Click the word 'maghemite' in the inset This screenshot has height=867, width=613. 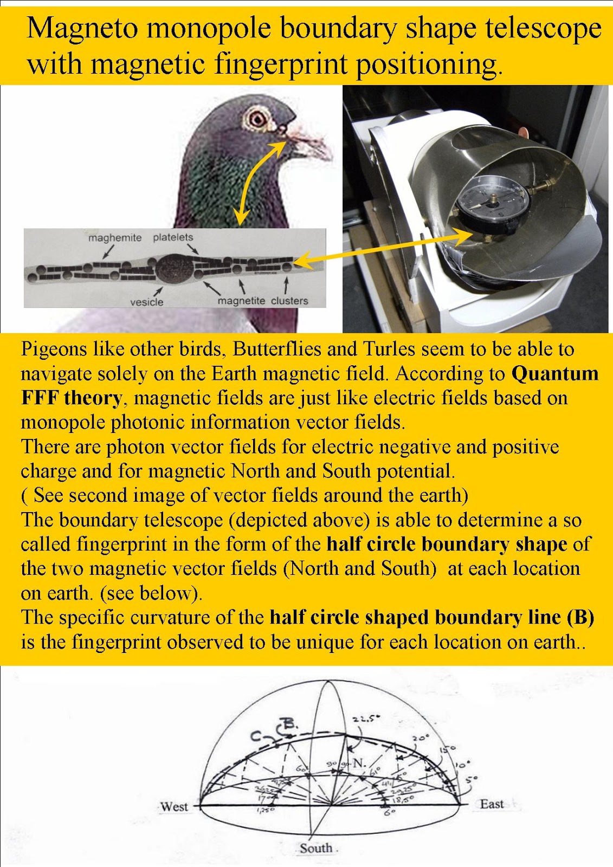point(115,238)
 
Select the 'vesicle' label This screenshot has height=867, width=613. point(146,302)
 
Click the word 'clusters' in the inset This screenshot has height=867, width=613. point(289,301)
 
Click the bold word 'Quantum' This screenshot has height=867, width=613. point(555,373)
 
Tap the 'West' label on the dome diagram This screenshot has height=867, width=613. point(174,806)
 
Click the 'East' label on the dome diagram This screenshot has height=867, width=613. point(492,804)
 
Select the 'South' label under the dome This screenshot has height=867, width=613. point(316,848)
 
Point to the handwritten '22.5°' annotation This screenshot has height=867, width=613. point(364,720)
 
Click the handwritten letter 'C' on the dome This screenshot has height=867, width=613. point(256,736)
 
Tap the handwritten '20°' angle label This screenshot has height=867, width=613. point(421,737)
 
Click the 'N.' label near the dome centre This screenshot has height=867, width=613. point(359,764)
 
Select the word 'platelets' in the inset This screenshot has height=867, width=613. point(173,237)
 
